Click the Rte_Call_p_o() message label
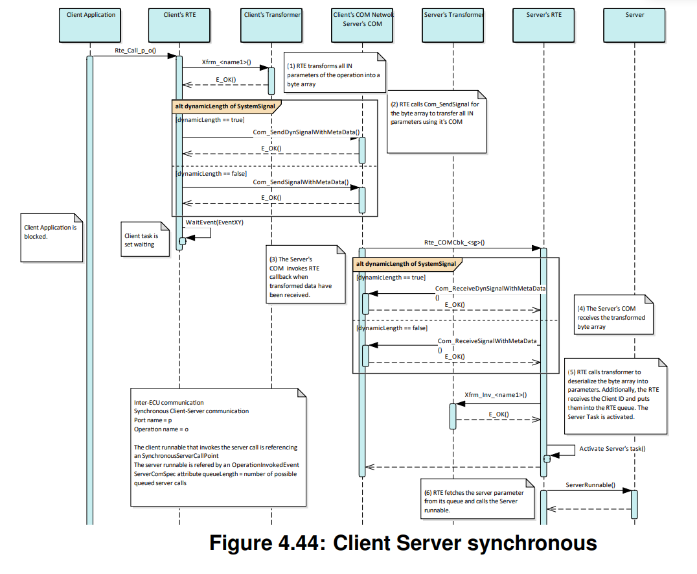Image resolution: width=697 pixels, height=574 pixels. [135, 50]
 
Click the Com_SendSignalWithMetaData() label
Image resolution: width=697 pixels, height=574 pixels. [301, 182]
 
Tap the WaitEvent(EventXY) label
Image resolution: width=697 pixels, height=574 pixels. [214, 221]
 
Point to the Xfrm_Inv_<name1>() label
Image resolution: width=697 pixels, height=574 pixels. [496, 394]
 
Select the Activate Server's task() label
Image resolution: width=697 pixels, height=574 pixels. [612, 448]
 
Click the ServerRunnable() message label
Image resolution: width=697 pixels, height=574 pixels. [590, 484]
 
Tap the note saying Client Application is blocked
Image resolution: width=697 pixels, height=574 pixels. [51, 237]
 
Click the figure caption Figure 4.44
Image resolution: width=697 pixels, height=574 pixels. [402, 542]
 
